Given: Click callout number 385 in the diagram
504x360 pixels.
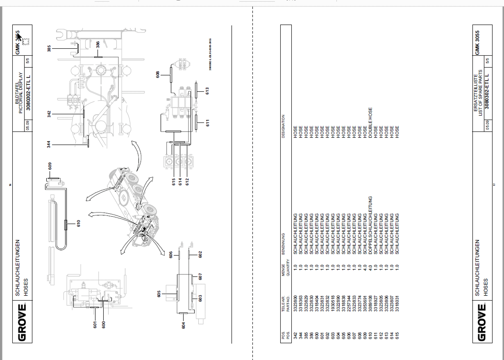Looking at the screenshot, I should [49, 48].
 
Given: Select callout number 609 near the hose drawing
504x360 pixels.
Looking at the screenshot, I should [50, 166].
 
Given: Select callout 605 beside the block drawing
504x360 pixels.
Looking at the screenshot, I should [159, 294].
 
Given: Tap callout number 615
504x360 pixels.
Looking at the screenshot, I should [174, 181].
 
